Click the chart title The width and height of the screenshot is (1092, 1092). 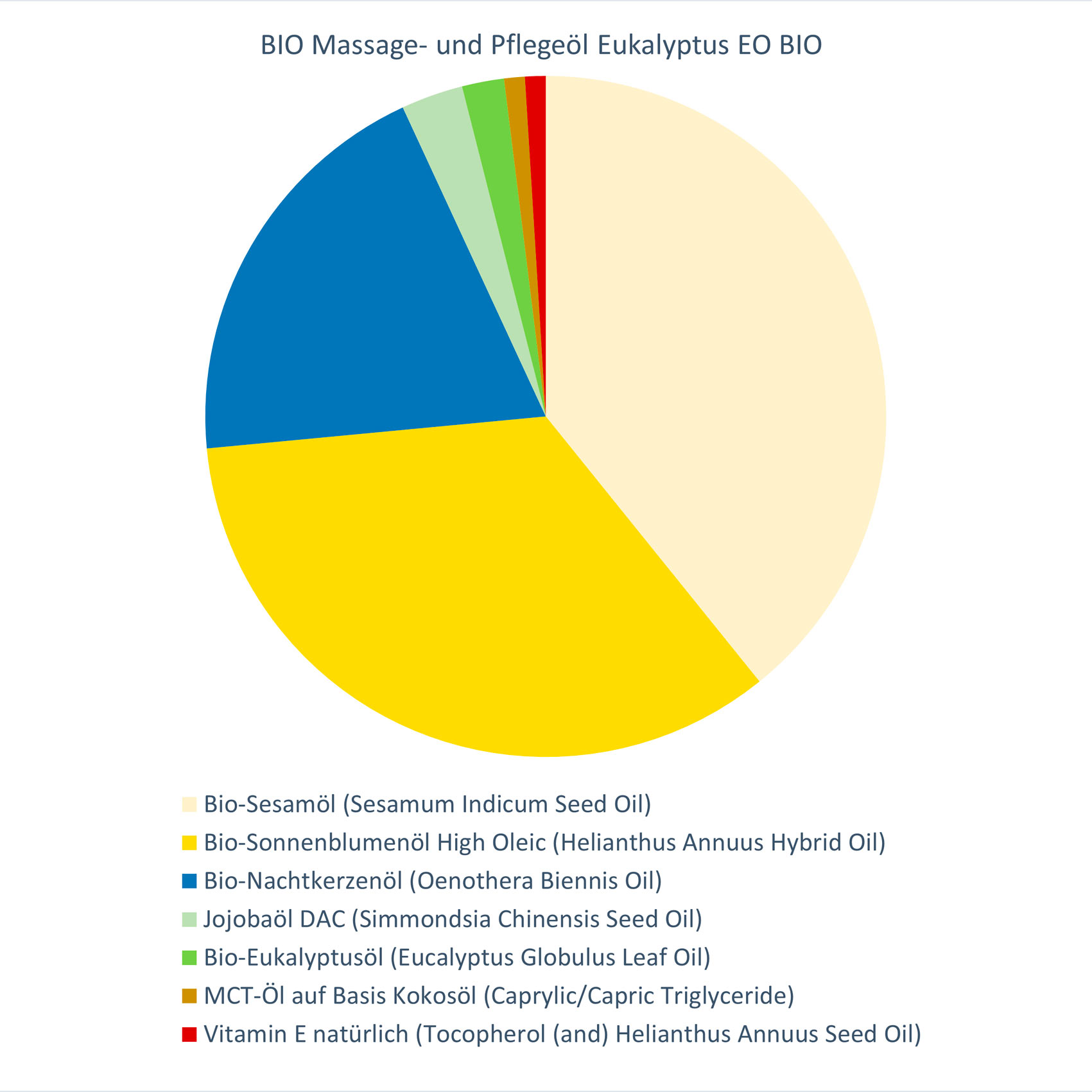coord(541,46)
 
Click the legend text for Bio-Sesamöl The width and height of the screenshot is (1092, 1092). coord(428,804)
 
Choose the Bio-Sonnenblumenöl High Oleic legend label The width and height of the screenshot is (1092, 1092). coord(544,842)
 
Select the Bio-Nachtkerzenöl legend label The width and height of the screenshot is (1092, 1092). coord(433,881)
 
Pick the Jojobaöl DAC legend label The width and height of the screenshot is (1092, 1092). coord(453,919)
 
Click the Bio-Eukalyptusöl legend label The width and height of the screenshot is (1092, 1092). coord(457,957)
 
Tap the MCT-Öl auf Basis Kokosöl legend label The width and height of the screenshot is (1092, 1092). coord(499,996)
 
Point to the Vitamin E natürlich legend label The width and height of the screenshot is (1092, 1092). coord(562,1034)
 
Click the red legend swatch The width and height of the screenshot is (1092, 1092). coord(189,1035)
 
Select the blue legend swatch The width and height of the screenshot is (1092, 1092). coord(189,881)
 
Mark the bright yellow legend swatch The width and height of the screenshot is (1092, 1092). coord(189,843)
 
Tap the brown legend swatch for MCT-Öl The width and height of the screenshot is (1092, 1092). coord(189,996)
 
